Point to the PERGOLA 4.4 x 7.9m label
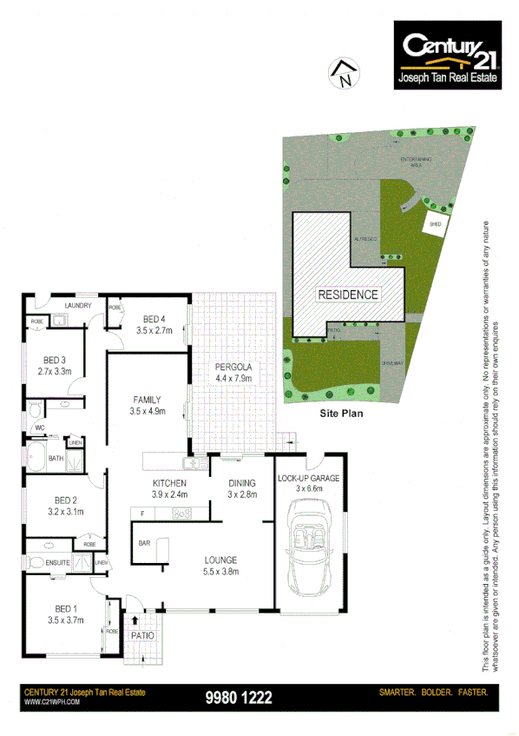233,373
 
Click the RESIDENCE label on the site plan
347,295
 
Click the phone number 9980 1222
239,697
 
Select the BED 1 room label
66,614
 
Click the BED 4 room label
154,324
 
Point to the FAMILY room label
146,405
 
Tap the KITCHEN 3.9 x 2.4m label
170,488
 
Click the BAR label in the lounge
145,544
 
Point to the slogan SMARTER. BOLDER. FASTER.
434,693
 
